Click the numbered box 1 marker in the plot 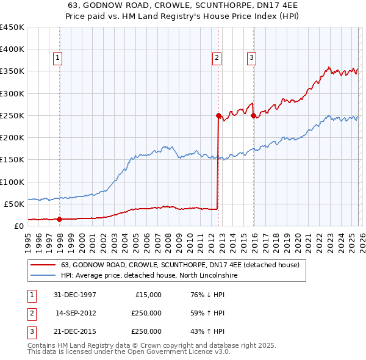click(x=57, y=58)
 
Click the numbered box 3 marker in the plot click(x=251, y=58)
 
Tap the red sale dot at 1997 click(x=60, y=218)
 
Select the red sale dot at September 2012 click(x=218, y=115)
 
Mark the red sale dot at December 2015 click(x=253, y=115)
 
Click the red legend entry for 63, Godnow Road click(x=180, y=265)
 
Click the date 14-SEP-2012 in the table click(x=76, y=313)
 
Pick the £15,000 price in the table click(x=146, y=295)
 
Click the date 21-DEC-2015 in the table click(x=76, y=331)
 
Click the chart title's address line click(x=183, y=6)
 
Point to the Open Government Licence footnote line click(x=129, y=352)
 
